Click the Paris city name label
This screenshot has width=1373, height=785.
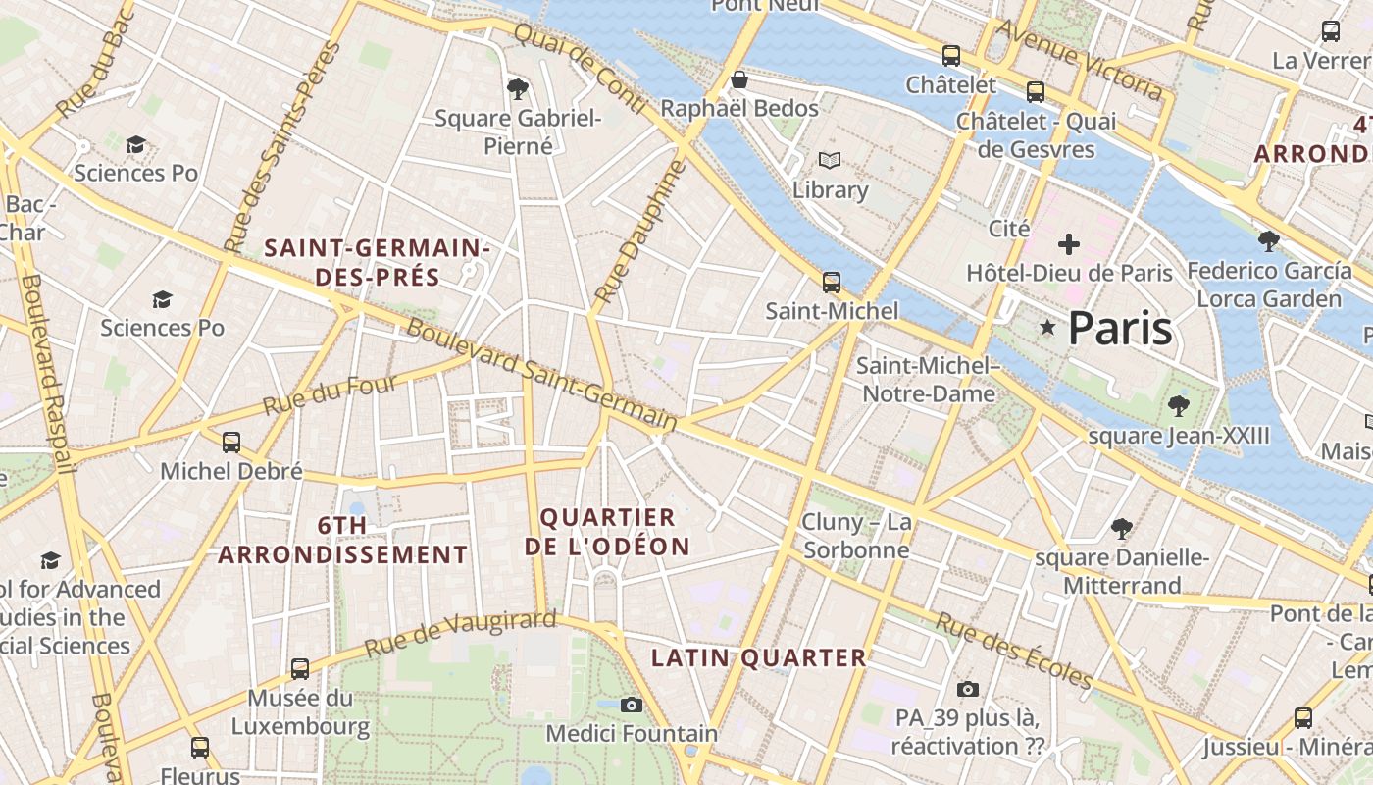1119,328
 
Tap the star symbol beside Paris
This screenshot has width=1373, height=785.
1047,327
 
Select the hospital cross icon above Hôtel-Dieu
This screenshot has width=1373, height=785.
1069,244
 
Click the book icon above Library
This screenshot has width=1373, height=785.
830,160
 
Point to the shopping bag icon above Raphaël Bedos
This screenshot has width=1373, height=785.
739,78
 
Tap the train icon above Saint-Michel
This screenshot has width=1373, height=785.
832,283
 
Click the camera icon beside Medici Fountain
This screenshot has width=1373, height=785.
632,705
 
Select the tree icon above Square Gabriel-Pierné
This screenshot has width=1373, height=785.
518,89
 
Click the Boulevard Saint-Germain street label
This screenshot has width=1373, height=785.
540,375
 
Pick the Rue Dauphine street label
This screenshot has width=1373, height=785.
637,232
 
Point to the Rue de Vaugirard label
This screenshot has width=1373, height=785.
460,633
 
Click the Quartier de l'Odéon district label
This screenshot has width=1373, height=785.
607,531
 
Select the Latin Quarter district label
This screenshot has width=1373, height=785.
759,657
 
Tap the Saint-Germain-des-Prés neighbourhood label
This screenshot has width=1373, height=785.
377,262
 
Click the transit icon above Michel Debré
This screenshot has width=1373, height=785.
231,443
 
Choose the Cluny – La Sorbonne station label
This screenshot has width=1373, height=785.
856,535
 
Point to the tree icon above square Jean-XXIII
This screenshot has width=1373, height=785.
1178,405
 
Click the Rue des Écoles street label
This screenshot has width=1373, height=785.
1013,651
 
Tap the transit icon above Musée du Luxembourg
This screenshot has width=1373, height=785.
300,669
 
